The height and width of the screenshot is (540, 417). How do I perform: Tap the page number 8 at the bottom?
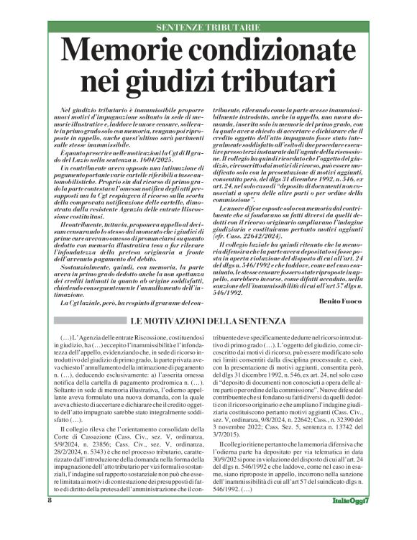(50, 519)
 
